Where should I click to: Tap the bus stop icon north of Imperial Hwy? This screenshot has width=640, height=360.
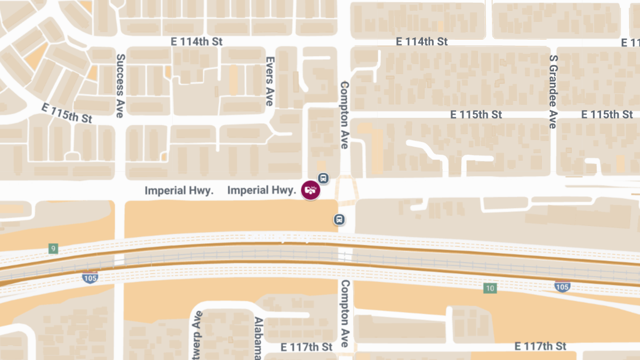click(323, 178)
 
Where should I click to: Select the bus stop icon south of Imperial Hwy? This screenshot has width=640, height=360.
click(339, 219)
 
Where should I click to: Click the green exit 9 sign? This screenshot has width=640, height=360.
click(53, 249)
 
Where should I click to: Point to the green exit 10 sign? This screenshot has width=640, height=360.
click(490, 289)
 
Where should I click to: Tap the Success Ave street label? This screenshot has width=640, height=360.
click(120, 85)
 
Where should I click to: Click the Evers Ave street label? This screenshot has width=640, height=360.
click(270, 81)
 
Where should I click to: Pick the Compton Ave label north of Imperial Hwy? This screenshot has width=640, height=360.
click(345, 115)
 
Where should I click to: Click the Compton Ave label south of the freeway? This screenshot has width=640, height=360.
click(345, 314)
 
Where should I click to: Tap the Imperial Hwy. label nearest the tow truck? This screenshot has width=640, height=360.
click(261, 190)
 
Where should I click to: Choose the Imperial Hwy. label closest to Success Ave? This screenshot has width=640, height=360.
click(179, 190)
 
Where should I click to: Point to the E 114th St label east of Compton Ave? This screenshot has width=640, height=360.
click(421, 42)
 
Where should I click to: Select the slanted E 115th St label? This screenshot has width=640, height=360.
click(67, 113)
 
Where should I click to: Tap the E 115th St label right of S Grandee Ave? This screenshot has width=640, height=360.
click(607, 115)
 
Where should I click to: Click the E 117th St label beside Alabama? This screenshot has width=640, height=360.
click(307, 347)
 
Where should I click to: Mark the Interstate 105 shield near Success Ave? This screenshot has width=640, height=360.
click(90, 277)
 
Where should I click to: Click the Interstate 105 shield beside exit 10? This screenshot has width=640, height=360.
click(562, 286)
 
